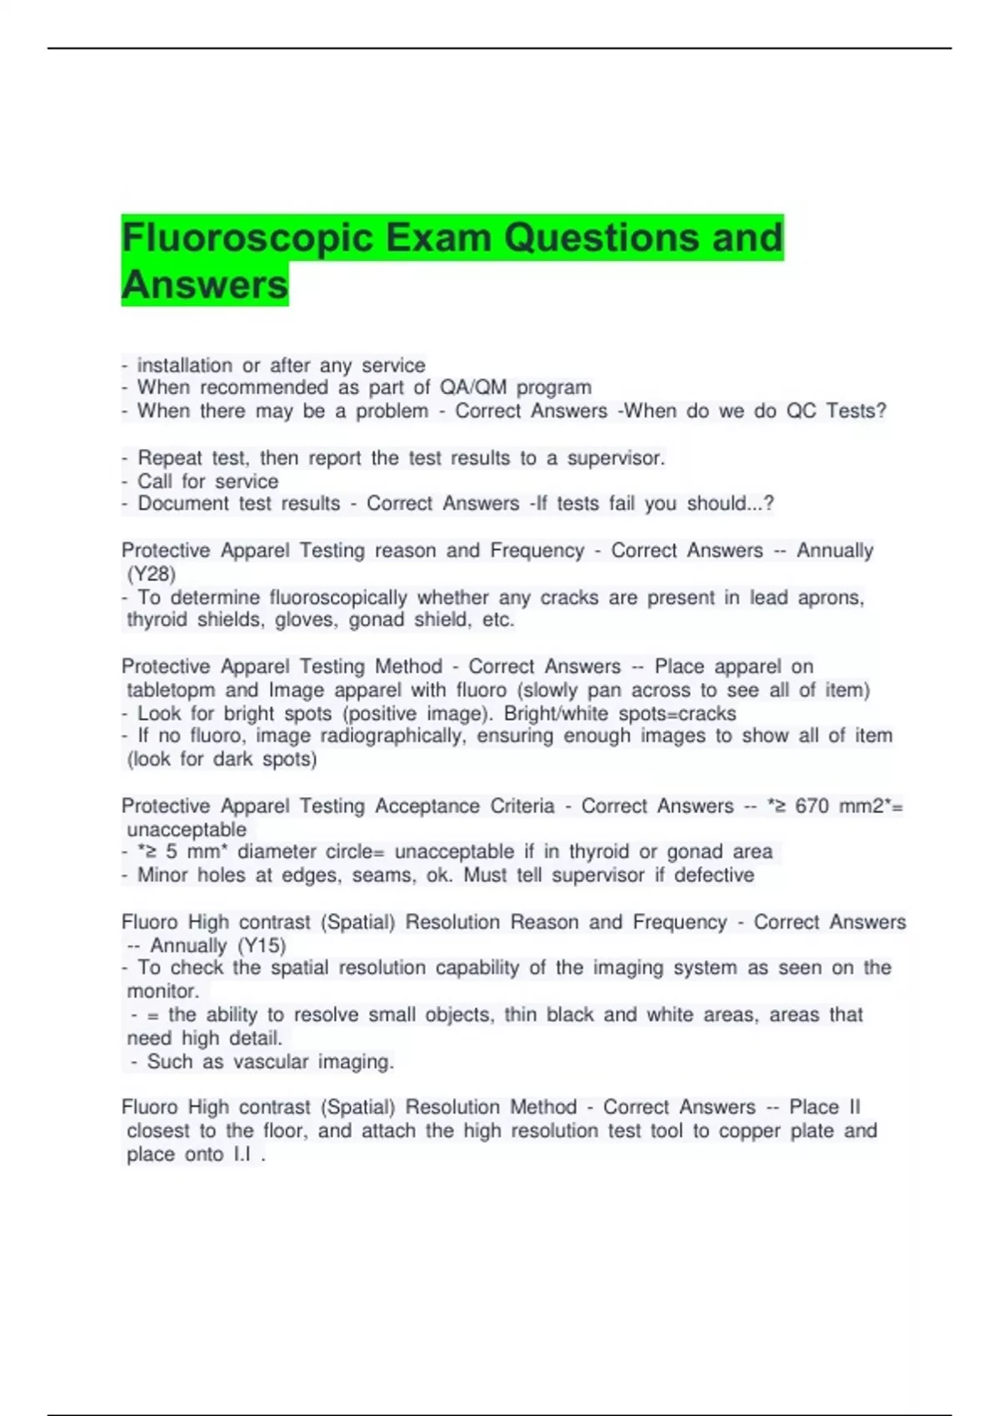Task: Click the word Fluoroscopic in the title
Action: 246,238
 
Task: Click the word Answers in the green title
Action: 204,285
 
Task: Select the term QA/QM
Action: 472,387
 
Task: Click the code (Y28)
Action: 151,574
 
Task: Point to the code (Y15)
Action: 262,945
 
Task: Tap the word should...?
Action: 730,503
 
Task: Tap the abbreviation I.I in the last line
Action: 242,1154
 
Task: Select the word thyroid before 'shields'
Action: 157,620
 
